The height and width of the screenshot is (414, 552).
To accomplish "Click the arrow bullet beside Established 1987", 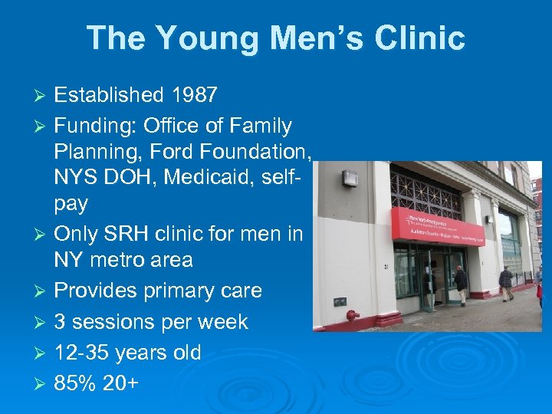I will pos(43,96).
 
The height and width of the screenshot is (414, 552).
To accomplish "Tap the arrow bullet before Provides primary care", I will pos(43,292).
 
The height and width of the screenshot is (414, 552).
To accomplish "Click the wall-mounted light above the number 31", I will pos(349,179).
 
